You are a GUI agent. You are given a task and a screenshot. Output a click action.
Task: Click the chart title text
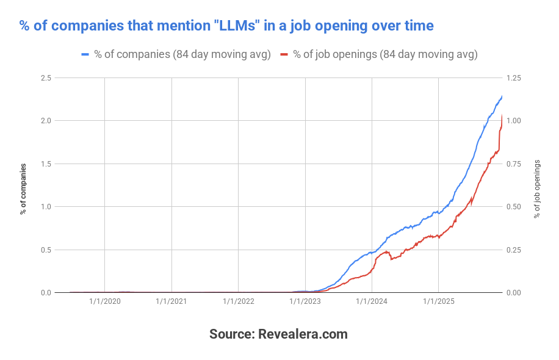226,26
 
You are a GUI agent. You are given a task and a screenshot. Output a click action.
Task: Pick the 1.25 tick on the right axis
513,78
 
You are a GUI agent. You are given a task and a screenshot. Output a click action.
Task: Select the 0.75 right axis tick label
513,164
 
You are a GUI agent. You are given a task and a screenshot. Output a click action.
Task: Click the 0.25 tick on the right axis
513,250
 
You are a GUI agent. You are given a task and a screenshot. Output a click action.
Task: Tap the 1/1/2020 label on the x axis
105,301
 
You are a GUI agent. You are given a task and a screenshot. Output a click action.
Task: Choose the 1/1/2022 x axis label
238,301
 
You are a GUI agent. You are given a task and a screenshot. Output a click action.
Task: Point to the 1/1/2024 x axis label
371,301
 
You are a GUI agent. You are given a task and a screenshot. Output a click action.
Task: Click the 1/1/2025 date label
438,301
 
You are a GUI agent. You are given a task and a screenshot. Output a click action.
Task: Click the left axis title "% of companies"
23,189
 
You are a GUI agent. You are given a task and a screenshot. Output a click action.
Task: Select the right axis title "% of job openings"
537,189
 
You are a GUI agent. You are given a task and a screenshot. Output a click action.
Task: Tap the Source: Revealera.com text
278,334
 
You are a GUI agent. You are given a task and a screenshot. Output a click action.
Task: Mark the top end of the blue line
502,96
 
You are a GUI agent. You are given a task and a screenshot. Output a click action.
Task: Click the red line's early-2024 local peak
386,252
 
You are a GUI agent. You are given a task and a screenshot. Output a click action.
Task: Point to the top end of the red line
502,115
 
